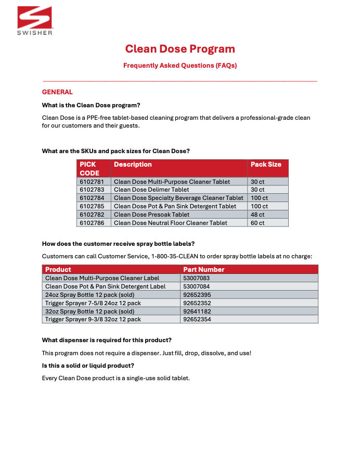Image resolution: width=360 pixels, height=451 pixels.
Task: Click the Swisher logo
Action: pos(35,21)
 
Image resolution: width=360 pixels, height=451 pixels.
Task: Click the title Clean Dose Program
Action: pos(180,49)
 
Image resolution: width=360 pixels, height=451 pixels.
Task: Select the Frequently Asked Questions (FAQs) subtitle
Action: pos(180,66)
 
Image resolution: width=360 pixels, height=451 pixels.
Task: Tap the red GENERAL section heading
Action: pos(57,92)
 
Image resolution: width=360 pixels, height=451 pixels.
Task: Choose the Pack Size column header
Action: pos(266,165)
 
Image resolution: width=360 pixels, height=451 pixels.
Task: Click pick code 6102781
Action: pos(92,182)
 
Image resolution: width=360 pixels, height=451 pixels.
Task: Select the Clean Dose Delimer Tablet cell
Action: pos(151,190)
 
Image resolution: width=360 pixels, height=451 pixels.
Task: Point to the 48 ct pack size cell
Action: pos(258,215)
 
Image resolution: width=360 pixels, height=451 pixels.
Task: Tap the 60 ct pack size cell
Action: pos(258,223)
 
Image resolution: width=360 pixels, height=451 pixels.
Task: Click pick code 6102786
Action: pos(92,223)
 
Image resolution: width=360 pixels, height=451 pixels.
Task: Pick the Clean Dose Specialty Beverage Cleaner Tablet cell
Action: pos(178,198)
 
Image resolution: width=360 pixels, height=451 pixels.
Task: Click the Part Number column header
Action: pos(204,270)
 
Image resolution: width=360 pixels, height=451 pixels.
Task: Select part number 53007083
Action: pos(197,278)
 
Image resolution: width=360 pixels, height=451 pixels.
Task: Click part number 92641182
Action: pos(197,311)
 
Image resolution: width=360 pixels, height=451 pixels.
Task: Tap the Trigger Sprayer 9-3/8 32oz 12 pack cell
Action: pos(93,319)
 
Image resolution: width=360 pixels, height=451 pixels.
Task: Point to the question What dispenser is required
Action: pos(107,341)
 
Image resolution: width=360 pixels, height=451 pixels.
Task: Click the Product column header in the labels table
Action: pos(58,270)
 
